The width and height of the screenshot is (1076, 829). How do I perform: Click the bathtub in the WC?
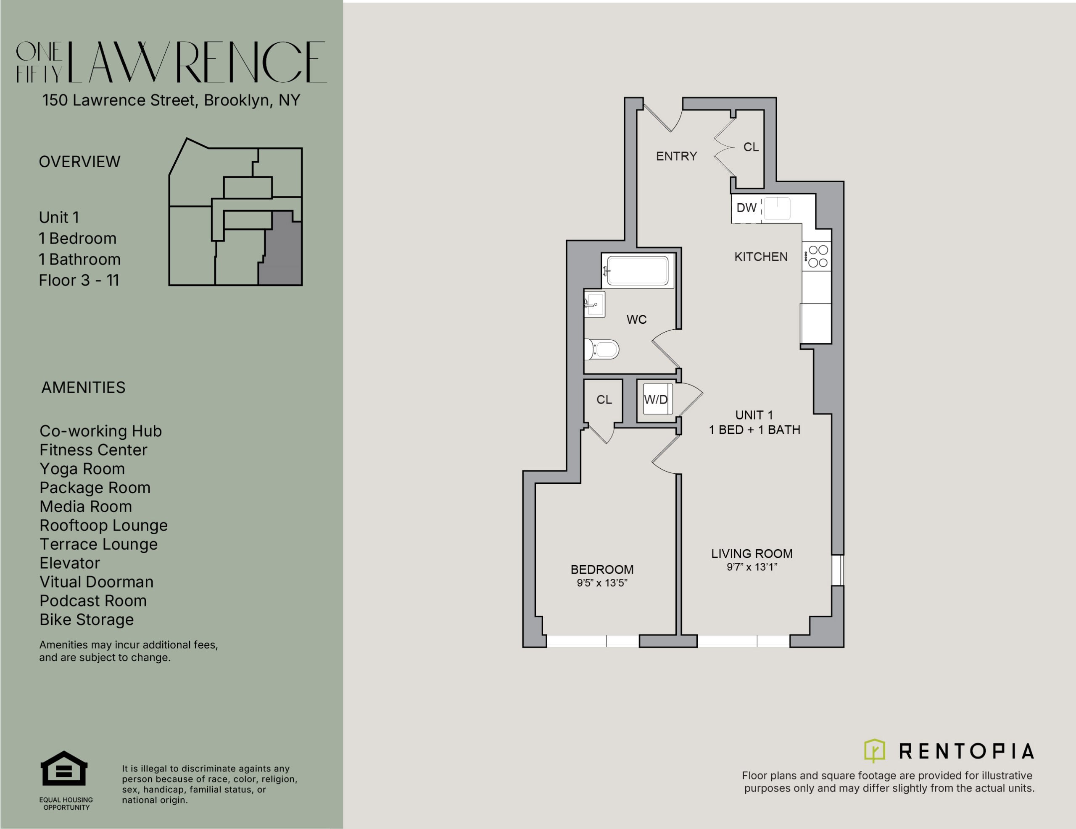click(x=638, y=270)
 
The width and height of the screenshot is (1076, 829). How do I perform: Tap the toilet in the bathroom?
click(x=601, y=349)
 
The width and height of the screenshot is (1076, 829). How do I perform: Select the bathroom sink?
click(x=594, y=304)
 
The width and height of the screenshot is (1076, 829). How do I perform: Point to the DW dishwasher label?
click(x=746, y=208)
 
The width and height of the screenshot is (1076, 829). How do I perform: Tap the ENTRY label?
click(x=676, y=156)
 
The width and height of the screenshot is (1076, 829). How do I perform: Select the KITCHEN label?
click(x=761, y=257)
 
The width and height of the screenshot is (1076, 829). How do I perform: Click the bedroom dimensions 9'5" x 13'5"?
click(x=602, y=583)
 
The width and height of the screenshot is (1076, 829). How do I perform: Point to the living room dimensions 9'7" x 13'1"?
click(x=752, y=567)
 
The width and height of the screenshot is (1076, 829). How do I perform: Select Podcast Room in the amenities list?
click(x=93, y=601)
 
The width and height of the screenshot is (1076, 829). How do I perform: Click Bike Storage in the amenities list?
click(x=87, y=619)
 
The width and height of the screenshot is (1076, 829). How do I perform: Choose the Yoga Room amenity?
click(x=82, y=469)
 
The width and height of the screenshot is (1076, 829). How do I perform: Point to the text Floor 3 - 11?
click(x=79, y=280)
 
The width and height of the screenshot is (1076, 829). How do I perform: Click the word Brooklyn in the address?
click(x=237, y=100)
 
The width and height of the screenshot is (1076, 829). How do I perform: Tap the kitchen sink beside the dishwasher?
click(x=777, y=209)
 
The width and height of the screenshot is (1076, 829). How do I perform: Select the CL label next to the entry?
click(x=751, y=147)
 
